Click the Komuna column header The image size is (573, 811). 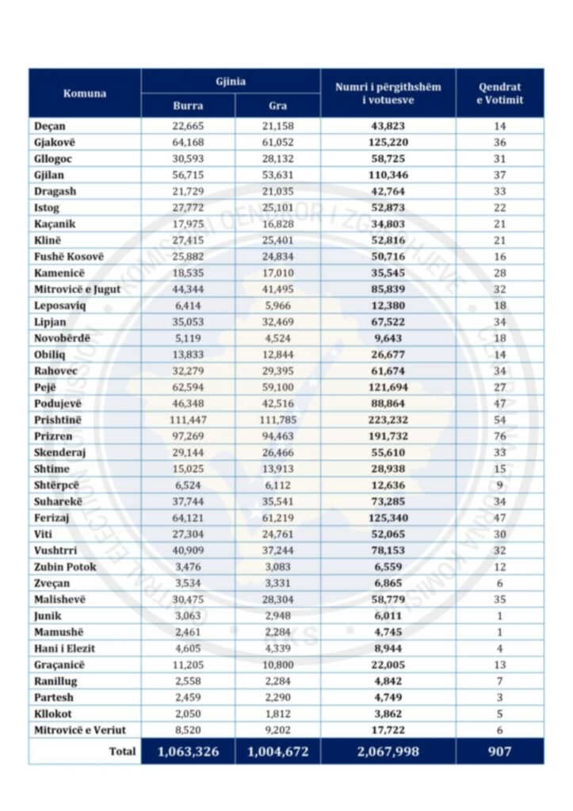(85, 93)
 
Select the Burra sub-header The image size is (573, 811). (188, 105)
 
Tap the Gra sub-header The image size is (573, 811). (277, 105)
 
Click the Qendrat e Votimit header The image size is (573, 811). (499, 93)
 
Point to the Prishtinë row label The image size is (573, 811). (59, 420)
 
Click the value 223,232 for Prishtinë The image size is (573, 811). (388, 420)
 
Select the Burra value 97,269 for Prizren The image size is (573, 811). (188, 436)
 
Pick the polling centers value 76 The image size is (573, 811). (499, 436)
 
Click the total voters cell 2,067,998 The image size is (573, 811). (388, 751)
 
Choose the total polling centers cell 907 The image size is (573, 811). (499, 751)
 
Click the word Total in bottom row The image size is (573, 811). (122, 751)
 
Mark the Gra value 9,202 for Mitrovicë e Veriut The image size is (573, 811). (277, 729)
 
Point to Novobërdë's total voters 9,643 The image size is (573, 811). (388, 338)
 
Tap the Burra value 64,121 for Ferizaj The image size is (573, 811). (188, 517)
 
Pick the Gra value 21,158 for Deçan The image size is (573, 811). (277, 126)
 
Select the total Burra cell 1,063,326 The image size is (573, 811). (188, 751)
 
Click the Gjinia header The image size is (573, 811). (231, 82)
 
